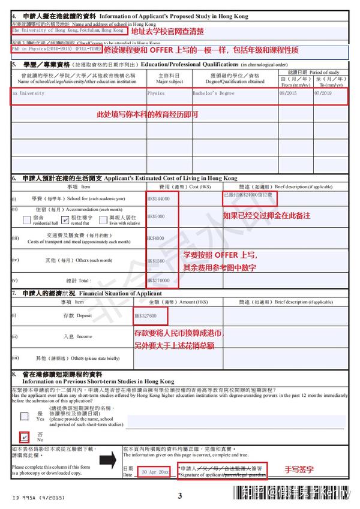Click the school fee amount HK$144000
click(x=158, y=198)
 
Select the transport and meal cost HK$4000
click(x=155, y=239)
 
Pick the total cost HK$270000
click(x=158, y=280)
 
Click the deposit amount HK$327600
click(x=146, y=315)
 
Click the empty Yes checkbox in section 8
click(x=25, y=416)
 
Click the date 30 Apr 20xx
click(x=155, y=472)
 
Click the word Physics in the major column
click(x=156, y=94)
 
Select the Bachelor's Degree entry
click(x=214, y=94)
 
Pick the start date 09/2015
click(x=288, y=94)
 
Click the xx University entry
click(x=28, y=94)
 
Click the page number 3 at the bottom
click(x=179, y=496)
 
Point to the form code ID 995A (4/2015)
click(x=35, y=497)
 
